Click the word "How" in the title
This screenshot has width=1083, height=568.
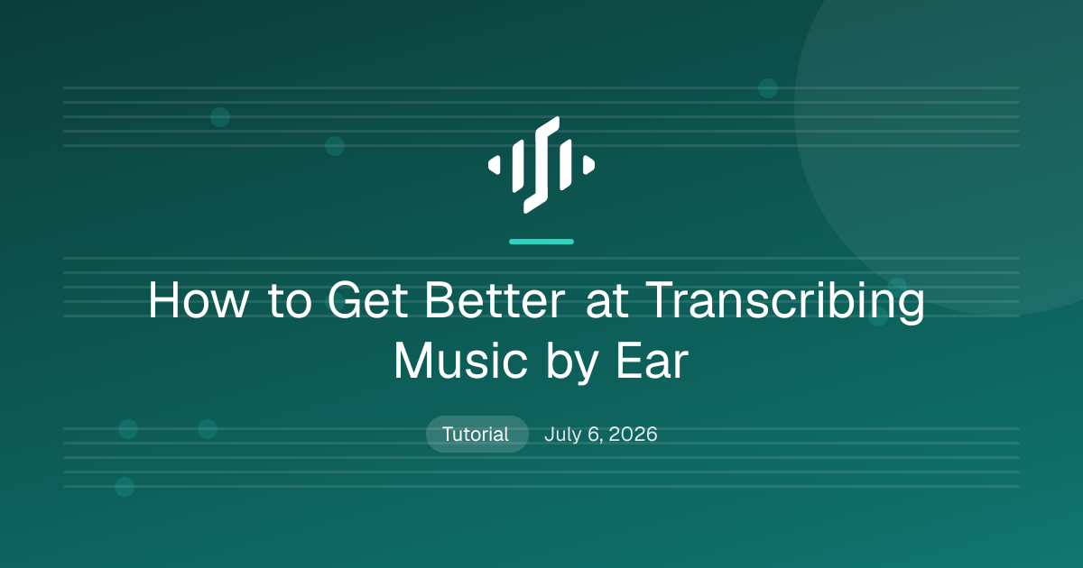[199, 300]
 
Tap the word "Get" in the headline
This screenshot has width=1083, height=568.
[367, 300]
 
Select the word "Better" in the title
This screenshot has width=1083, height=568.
[495, 300]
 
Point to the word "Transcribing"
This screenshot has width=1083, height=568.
[784, 302]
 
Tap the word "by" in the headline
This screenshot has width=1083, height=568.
[572, 363]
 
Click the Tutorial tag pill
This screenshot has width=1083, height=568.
[477, 435]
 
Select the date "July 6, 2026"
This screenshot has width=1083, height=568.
[601, 435]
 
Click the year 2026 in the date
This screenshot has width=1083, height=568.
[633, 435]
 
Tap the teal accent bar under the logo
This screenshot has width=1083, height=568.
[541, 242]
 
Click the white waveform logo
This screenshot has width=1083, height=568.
[541, 165]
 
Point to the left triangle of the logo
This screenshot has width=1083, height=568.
[495, 165]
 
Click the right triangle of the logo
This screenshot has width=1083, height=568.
[588, 165]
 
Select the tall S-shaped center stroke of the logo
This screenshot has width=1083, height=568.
[541, 165]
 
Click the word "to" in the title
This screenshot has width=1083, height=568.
[290, 300]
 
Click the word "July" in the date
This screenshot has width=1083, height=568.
[563, 435]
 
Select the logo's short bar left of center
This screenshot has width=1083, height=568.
[518, 166]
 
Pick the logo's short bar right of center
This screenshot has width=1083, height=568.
[565, 165]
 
